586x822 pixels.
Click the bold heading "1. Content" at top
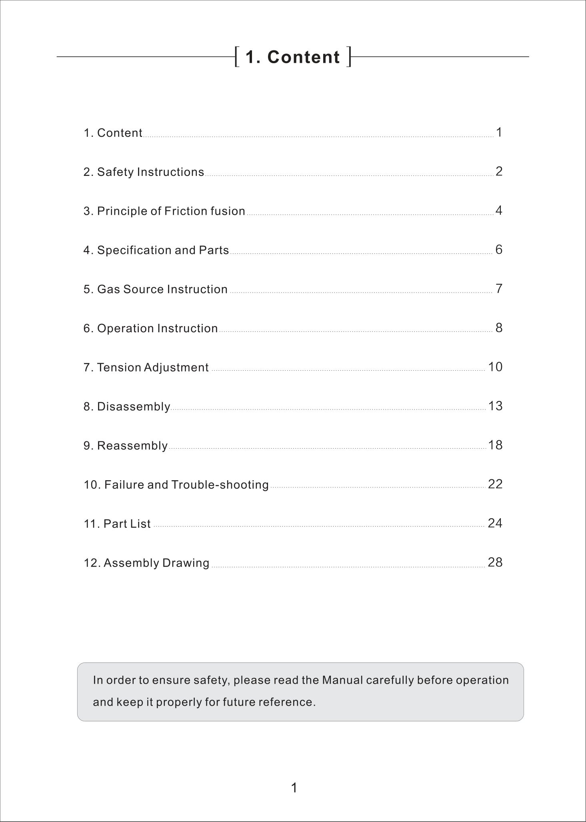point(292,57)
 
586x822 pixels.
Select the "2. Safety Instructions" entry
point(144,172)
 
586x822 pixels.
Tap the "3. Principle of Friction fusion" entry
point(164,211)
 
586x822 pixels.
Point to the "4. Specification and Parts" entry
point(156,250)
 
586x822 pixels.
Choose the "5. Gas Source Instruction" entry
point(155,289)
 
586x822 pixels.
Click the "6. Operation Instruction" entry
point(150,328)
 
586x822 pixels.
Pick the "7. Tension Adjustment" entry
point(146,367)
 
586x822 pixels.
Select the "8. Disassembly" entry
point(127,407)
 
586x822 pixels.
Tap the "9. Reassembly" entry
point(126,445)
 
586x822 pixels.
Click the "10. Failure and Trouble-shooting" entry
point(176,485)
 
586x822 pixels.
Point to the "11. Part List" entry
point(117,524)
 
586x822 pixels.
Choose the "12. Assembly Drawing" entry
point(146,563)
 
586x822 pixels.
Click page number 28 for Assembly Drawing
point(495,562)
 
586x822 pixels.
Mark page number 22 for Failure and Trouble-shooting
point(495,484)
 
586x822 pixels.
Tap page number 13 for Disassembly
point(495,406)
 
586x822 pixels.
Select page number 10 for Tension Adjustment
point(495,367)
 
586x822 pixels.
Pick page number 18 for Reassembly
point(495,445)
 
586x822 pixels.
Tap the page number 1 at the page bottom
point(294,788)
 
